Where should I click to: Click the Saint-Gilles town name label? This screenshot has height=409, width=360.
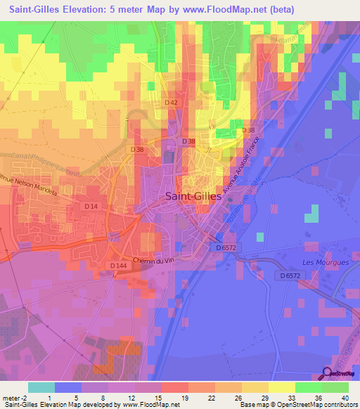(x=193, y=197)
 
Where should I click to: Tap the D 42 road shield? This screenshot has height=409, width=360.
(x=172, y=103)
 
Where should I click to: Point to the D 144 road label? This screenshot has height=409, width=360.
(x=118, y=266)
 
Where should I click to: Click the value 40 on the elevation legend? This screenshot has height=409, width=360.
(x=345, y=397)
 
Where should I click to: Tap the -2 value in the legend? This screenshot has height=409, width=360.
(x=27, y=397)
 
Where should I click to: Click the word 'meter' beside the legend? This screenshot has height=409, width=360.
(x=12, y=397)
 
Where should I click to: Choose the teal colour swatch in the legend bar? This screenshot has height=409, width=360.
(x=41, y=387)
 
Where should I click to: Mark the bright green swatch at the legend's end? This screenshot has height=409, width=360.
(x=335, y=387)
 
